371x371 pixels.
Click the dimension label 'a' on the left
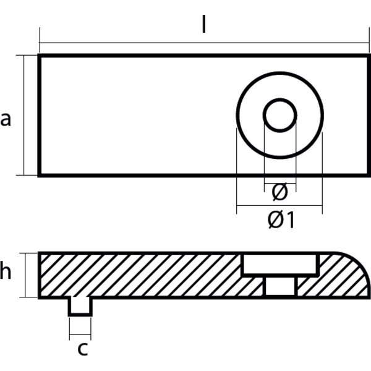(x=6, y=118)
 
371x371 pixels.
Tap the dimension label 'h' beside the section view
(x=6, y=272)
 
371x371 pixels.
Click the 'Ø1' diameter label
(x=281, y=220)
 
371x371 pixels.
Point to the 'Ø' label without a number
(x=279, y=193)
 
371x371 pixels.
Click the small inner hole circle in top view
(x=279, y=114)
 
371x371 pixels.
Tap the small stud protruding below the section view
(x=80, y=305)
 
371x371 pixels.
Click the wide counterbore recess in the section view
(x=280, y=265)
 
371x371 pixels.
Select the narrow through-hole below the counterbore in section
(x=280, y=286)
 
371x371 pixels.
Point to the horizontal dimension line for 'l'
(x=124, y=43)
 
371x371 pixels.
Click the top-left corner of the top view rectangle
(x=40, y=56)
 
